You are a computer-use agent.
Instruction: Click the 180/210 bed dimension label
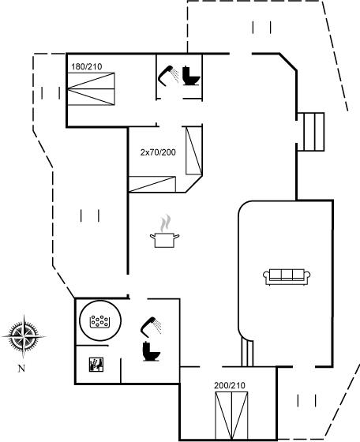click(x=87, y=67)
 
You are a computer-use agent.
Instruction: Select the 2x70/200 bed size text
click(x=158, y=152)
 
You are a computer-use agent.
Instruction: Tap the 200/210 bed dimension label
click(x=230, y=385)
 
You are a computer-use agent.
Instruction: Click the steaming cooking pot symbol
click(x=165, y=232)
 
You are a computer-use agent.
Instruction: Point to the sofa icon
click(x=287, y=277)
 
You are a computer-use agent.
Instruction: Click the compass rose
click(x=24, y=336)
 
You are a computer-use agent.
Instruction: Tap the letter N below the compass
click(x=21, y=369)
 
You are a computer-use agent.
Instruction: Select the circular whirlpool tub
click(x=100, y=320)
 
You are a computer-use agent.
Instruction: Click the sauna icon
click(x=96, y=365)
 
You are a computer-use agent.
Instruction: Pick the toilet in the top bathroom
click(x=191, y=76)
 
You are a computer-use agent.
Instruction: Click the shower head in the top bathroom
click(x=168, y=75)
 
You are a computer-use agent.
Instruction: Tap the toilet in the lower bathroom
click(x=152, y=351)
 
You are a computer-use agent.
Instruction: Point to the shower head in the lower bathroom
click(x=151, y=327)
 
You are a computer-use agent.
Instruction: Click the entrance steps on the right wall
click(x=311, y=132)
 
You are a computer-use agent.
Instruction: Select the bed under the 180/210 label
click(x=91, y=89)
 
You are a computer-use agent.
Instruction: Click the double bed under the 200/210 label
click(x=231, y=415)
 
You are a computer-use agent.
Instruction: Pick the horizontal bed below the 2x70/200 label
click(x=152, y=185)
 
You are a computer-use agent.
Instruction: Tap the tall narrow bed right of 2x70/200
click(x=194, y=151)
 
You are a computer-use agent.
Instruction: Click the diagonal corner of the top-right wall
click(x=288, y=62)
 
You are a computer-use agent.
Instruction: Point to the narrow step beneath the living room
click(x=247, y=354)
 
